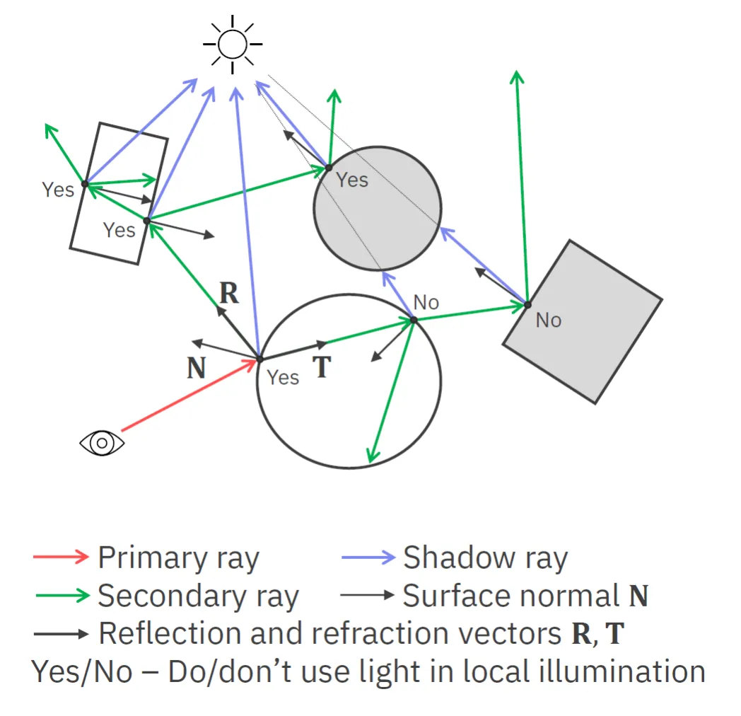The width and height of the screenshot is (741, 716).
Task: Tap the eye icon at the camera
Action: [102, 443]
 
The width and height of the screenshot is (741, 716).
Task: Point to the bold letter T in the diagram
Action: [322, 367]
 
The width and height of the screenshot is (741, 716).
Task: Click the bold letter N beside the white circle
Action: [197, 369]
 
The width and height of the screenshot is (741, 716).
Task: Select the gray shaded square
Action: [583, 322]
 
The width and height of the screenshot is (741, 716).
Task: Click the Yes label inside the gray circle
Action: [352, 180]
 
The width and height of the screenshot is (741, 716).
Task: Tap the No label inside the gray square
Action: [549, 320]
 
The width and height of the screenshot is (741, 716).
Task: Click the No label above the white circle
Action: [426, 303]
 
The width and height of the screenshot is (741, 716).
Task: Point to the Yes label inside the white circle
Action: [283, 378]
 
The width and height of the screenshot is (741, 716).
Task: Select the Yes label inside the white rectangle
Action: [119, 230]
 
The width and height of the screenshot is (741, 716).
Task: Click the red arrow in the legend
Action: [61, 557]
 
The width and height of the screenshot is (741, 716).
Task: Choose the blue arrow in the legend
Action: [368, 557]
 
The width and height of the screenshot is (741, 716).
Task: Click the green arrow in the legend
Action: [62, 595]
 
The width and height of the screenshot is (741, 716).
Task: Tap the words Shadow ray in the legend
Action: [485, 558]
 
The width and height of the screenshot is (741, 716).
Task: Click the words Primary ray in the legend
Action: [178, 558]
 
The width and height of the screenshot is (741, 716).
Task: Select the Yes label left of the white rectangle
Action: [58, 190]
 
